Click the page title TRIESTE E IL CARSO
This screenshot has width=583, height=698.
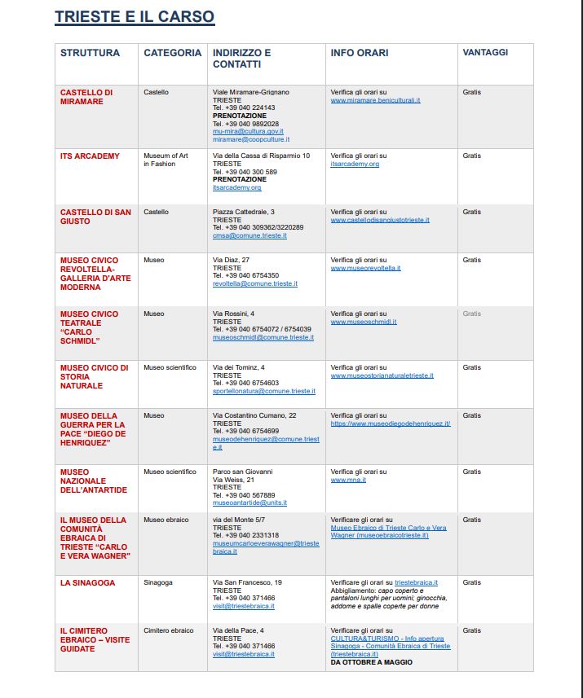tap(135, 16)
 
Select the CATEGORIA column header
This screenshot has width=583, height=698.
tap(172, 53)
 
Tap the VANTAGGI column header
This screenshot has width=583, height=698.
tap(485, 52)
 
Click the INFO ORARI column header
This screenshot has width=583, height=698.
tap(360, 53)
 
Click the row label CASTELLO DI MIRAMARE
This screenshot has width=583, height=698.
tap(86, 97)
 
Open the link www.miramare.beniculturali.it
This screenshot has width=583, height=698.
tap(375, 100)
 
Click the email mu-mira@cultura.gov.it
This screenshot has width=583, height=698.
tap(248, 131)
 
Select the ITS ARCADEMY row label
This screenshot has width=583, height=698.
tap(90, 156)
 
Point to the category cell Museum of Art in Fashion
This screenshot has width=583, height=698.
tap(166, 160)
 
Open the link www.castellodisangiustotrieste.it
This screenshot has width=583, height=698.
tap(380, 220)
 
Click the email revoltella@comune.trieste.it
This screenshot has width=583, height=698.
tap(255, 284)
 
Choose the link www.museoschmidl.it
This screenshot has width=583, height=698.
tap(364, 322)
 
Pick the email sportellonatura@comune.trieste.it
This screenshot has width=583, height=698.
tap(263, 392)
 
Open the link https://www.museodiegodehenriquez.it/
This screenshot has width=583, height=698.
tap(391, 424)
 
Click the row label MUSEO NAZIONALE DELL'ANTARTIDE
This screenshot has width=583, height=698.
tap(93, 481)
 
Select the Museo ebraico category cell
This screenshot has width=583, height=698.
tap(166, 520)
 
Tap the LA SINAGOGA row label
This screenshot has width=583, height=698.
tap(87, 583)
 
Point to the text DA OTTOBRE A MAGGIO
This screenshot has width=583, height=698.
tap(371, 662)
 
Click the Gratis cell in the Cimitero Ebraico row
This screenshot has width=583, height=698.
tap(471, 630)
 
